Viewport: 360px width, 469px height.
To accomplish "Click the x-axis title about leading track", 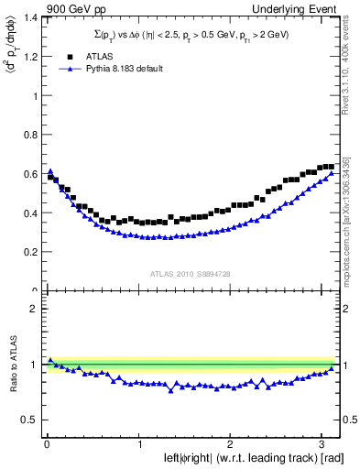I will pos(241,457).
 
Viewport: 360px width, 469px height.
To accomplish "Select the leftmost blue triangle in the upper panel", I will pos(50,171).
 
